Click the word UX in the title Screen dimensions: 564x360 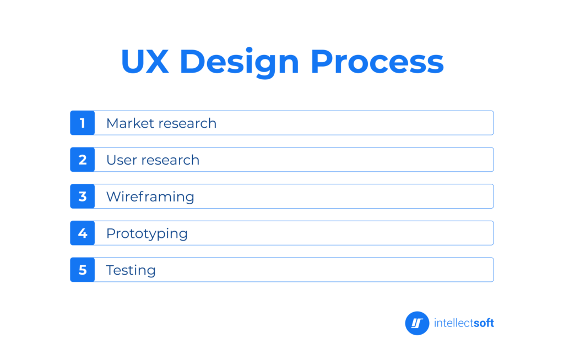point(145,62)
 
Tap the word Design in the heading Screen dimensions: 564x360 point(240,63)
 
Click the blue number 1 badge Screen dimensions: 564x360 point(83,123)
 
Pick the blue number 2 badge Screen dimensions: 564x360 point(83,160)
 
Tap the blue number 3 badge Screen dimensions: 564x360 point(83,197)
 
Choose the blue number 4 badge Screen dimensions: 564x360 point(83,233)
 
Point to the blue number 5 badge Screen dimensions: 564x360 point(83,270)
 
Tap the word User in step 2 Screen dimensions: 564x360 point(122,160)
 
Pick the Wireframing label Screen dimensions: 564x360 point(150,197)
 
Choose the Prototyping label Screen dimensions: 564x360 point(147,234)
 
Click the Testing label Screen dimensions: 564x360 point(131,270)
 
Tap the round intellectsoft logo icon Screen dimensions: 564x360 point(417,323)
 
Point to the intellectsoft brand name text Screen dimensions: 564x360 point(464,323)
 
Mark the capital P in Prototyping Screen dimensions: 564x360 point(111,233)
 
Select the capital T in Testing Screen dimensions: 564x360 point(111,270)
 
